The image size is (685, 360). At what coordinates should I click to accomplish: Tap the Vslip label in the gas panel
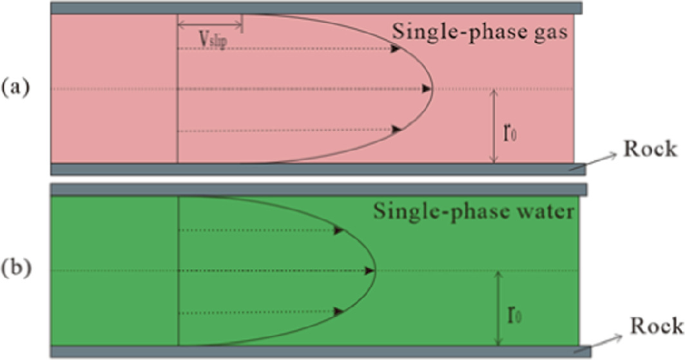[210, 41]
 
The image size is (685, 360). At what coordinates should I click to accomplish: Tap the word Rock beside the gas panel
[645, 151]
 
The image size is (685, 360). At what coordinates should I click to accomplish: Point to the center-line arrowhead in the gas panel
[427, 89]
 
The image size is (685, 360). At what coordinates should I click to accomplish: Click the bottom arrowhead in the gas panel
[398, 129]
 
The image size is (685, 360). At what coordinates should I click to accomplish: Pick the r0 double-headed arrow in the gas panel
[494, 126]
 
